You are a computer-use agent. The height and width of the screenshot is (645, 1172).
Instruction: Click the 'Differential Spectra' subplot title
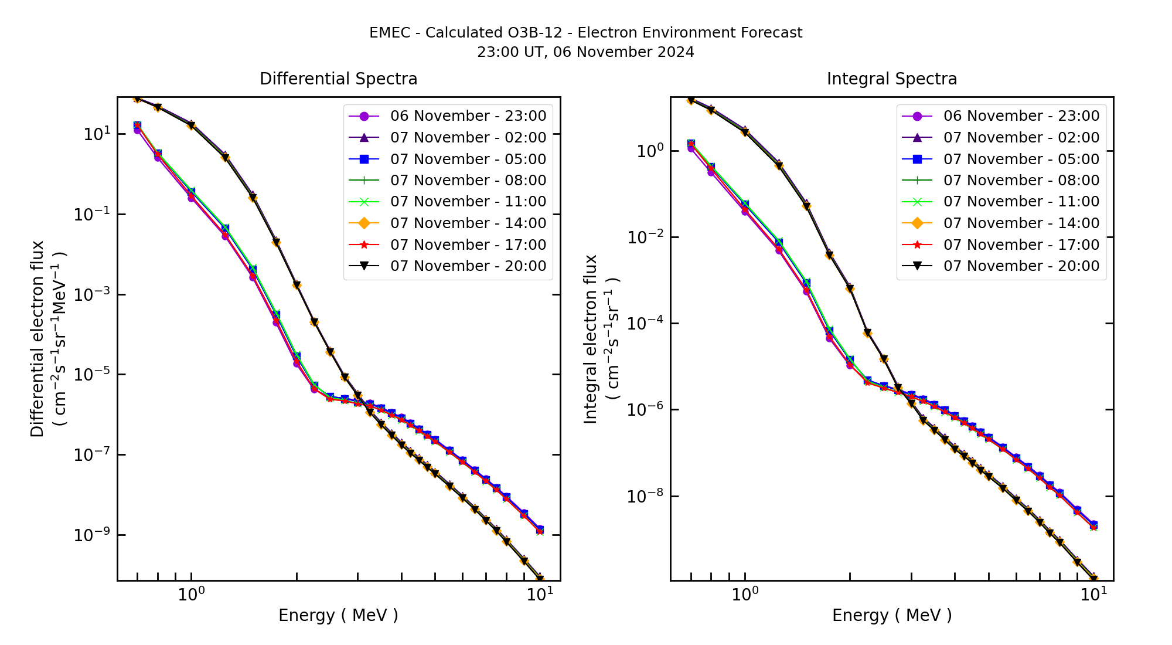pyautogui.click(x=338, y=79)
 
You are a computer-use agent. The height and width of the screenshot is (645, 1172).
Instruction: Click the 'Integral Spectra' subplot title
pyautogui.click(x=891, y=79)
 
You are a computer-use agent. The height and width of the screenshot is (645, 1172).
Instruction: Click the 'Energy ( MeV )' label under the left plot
pyautogui.click(x=338, y=616)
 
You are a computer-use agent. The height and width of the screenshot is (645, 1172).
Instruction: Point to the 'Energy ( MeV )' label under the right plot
pyautogui.click(x=891, y=616)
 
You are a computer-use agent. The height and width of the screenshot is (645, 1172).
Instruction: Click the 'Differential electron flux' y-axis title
pyautogui.click(x=38, y=339)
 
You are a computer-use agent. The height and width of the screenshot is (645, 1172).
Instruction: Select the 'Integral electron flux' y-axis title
pyautogui.click(x=591, y=339)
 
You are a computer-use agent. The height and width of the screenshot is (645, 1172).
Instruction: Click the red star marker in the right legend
pyautogui.click(x=917, y=245)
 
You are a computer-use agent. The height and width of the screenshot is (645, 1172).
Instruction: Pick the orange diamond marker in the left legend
pyautogui.click(x=364, y=223)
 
